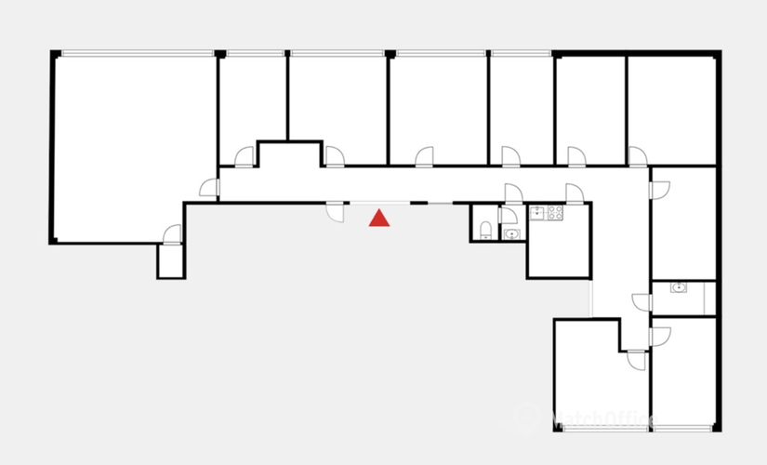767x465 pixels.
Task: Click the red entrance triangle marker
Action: point(379,219)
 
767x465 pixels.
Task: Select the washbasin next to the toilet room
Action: point(510,233)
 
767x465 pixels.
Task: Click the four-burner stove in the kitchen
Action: point(554,213)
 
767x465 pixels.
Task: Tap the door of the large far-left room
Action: point(208,189)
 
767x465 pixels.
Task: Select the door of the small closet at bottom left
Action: point(171,234)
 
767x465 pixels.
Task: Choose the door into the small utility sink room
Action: point(641,301)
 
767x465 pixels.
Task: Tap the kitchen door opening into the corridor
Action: point(575,193)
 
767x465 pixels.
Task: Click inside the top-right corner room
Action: point(671,107)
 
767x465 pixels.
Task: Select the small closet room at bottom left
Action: point(172,261)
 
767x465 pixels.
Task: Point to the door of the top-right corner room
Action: point(638,156)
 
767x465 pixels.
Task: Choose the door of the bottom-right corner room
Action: point(660,336)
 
